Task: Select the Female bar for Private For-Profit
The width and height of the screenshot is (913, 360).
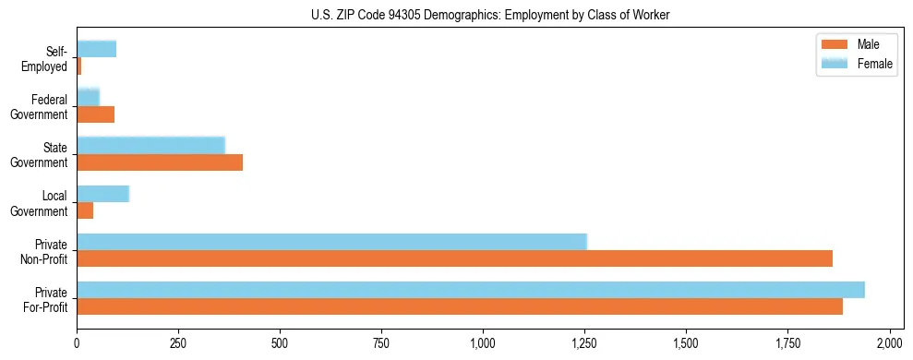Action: (471, 290)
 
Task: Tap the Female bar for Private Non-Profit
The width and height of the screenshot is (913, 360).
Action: (331, 242)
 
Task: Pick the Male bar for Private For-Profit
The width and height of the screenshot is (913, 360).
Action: (460, 306)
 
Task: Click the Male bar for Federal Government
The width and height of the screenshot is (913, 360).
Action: (95, 114)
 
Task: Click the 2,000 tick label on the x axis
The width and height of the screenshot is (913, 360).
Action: (889, 343)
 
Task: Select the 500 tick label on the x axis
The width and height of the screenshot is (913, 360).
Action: (280, 343)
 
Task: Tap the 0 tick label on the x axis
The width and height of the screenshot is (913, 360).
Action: (77, 343)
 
